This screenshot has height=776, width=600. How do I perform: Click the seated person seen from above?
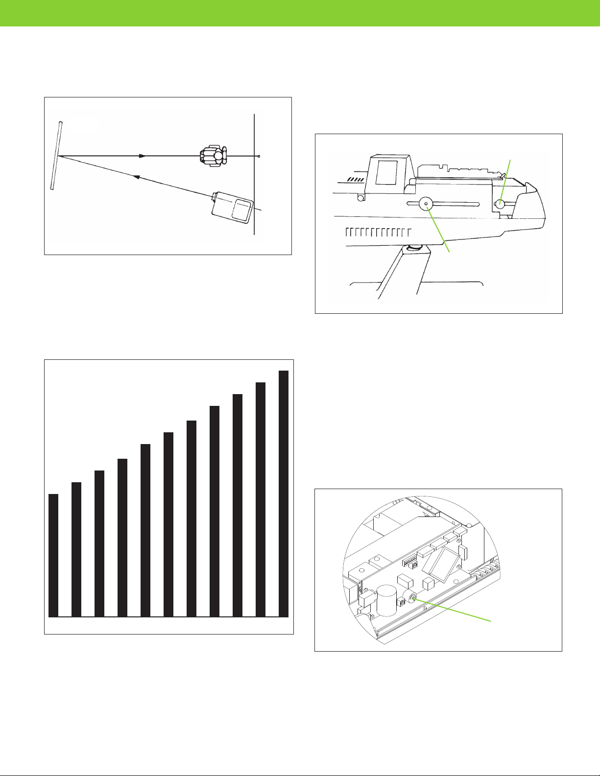tap(214, 156)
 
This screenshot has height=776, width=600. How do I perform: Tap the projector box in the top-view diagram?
tap(233, 208)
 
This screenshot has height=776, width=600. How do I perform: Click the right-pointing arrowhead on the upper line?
tap(143, 156)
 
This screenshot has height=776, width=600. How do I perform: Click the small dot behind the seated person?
tap(259, 157)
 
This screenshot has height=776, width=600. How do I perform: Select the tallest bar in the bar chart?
tap(284, 493)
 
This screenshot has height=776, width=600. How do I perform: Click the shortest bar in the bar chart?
tap(53, 555)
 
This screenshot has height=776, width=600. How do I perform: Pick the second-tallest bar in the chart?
tap(261, 499)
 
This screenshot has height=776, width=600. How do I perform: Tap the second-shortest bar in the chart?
tap(76, 549)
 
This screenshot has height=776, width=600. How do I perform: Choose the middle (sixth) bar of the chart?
tap(168, 524)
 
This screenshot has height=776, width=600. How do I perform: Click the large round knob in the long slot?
tap(426, 205)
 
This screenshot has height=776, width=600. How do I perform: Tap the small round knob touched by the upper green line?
tap(500, 204)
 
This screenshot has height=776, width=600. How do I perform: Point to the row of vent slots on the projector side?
tap(377, 232)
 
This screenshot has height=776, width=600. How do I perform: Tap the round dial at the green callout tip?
tap(410, 598)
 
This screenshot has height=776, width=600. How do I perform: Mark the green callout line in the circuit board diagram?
tap(453, 610)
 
